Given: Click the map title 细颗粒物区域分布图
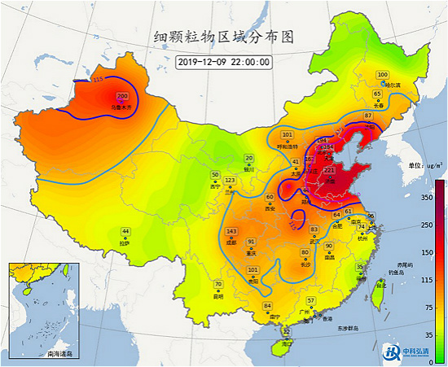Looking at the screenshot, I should (223, 37).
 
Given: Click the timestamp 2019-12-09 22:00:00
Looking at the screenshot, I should (224, 60).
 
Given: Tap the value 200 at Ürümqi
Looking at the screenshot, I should (122, 96).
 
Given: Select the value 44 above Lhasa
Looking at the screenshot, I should (125, 232).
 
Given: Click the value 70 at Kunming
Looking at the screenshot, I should (218, 284).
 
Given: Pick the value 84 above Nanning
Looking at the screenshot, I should (267, 306).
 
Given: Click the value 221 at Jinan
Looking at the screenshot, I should (329, 170).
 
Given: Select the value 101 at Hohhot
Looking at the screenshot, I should (287, 134).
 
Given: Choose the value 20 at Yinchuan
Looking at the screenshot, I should (250, 158).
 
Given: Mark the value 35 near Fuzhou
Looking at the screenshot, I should (359, 267).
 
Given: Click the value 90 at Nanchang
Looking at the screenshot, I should (329, 246).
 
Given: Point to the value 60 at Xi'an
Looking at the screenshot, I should (270, 197).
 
